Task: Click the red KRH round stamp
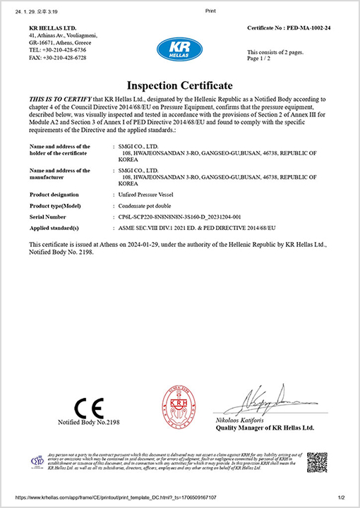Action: [179, 405]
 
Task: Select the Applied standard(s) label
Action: [54, 229]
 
